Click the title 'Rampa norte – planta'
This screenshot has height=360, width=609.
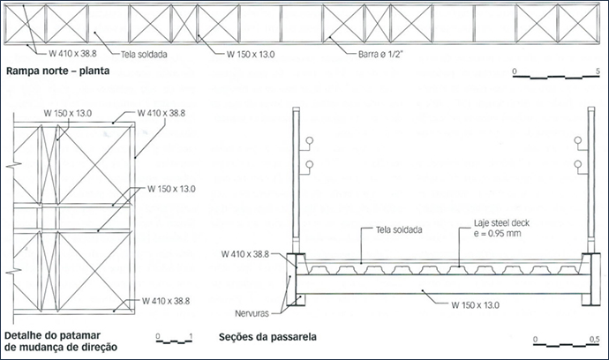click(x=58, y=71)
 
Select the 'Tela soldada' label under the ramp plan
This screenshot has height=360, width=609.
click(x=144, y=55)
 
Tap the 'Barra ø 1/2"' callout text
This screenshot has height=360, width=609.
click(x=381, y=55)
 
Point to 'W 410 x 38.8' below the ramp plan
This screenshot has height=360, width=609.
click(x=72, y=54)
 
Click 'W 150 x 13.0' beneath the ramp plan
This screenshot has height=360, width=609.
click(x=251, y=55)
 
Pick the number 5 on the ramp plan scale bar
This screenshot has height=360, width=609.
click(x=598, y=71)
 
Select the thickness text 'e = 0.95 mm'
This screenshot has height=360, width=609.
click(x=497, y=234)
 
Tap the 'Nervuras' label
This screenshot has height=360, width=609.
click(x=252, y=313)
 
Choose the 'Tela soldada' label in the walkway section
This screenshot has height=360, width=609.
click(x=399, y=230)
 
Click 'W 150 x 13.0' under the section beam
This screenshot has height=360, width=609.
click(x=476, y=305)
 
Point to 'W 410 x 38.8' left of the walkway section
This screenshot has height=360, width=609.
click(x=245, y=254)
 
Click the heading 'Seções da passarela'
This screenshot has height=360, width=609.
click(x=267, y=337)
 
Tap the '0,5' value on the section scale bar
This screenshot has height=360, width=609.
click(x=595, y=340)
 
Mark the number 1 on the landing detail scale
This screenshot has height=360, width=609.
click(x=191, y=336)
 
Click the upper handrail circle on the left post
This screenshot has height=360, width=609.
click(x=310, y=140)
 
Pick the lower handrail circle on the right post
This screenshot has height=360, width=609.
click(x=578, y=165)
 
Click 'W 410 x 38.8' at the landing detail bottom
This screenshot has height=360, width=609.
click(x=166, y=301)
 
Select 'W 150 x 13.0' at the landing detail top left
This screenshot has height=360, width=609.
click(x=68, y=114)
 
